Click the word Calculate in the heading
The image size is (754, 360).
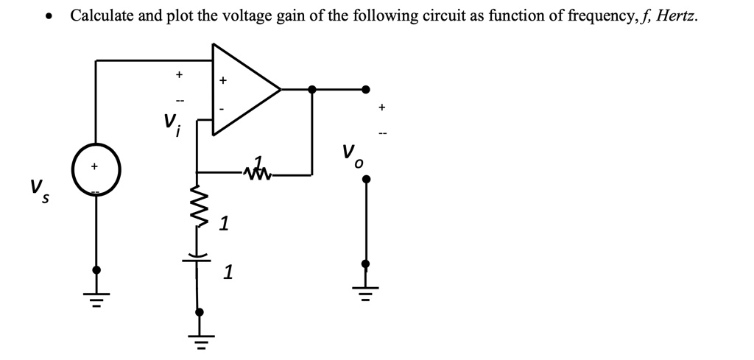(x=102, y=15)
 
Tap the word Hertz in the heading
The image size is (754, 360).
(x=676, y=15)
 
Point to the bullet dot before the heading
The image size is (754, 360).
(x=49, y=17)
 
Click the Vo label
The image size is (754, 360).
(x=352, y=156)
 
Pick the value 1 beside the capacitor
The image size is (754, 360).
(x=228, y=273)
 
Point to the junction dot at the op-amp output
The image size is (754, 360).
(x=312, y=89)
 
